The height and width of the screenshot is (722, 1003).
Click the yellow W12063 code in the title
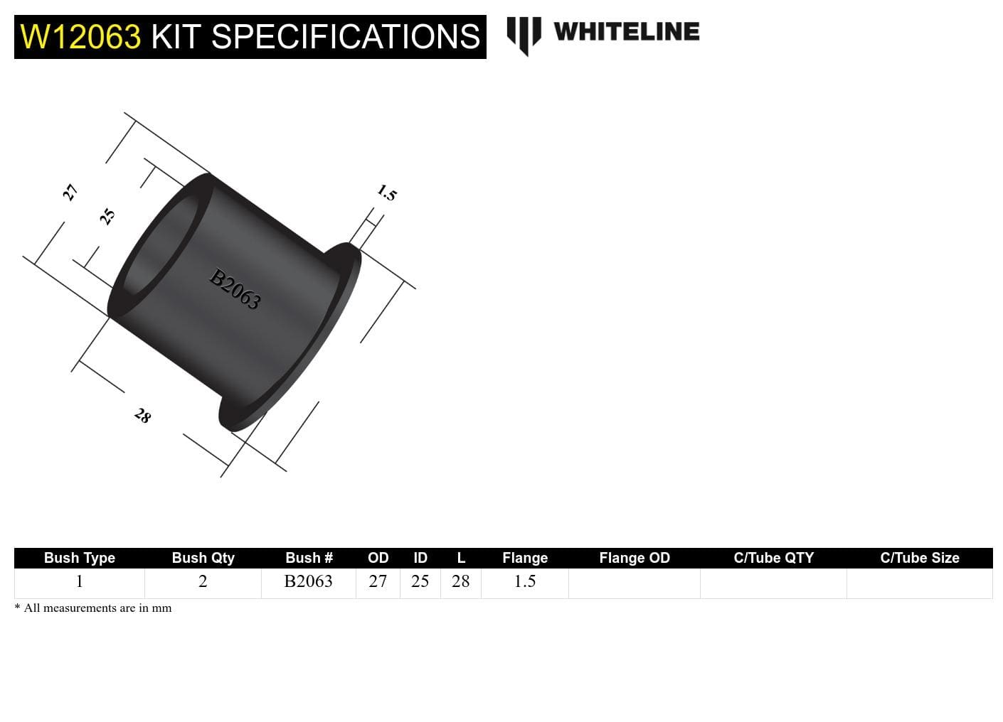(80, 37)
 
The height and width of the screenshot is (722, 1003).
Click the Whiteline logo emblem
(524, 35)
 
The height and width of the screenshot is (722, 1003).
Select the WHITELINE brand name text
(626, 32)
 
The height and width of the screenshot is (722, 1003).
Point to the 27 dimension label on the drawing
(70, 193)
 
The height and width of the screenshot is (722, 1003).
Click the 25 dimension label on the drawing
(107, 217)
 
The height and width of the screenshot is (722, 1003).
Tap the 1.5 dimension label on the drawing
(386, 193)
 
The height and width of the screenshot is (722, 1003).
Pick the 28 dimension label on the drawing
(143, 416)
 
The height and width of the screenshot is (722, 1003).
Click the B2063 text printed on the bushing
(235, 289)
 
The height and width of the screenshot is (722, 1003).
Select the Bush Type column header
(79, 558)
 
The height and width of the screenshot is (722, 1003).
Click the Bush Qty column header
(203, 558)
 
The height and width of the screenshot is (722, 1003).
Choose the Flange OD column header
(635, 558)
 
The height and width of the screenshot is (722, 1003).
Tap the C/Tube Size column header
(919, 558)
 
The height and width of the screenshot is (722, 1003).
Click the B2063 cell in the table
(308, 581)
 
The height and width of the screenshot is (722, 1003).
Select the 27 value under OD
(378, 581)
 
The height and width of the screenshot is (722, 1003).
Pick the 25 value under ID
(420, 581)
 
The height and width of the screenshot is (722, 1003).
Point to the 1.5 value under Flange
(524, 581)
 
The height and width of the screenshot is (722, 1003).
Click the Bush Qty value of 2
(203, 581)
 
